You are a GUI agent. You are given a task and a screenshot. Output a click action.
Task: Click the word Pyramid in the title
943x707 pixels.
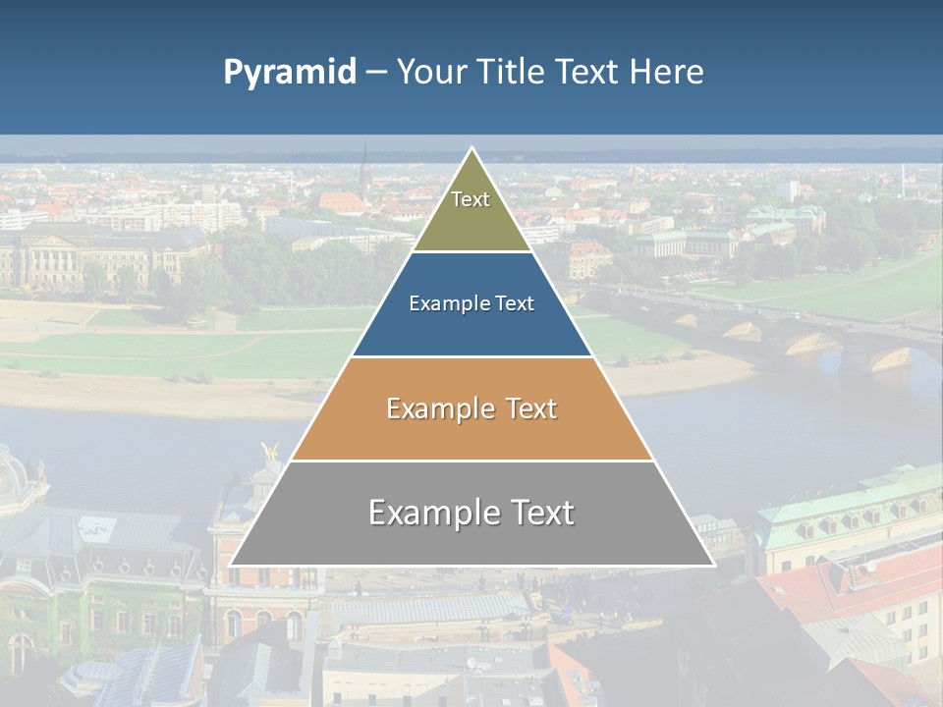[x=290, y=73]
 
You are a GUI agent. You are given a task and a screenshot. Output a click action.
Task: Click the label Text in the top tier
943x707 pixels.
[x=471, y=199]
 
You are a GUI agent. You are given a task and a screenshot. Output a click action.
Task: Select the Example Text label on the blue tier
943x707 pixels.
[x=471, y=303]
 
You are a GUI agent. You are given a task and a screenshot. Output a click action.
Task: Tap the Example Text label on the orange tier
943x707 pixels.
[x=471, y=408]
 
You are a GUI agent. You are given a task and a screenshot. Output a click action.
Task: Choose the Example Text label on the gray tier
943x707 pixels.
[x=471, y=513]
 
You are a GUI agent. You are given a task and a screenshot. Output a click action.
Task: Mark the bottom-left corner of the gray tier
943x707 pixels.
[x=231, y=565]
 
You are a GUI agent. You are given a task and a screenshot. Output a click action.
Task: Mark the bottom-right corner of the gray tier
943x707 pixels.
[x=713, y=565]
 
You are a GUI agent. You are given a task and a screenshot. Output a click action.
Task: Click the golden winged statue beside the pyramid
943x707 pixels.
[x=270, y=453]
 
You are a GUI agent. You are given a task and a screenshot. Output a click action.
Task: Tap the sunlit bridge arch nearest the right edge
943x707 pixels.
[x=891, y=358]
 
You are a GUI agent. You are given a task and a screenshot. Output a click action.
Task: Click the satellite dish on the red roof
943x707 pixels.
[x=870, y=567]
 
